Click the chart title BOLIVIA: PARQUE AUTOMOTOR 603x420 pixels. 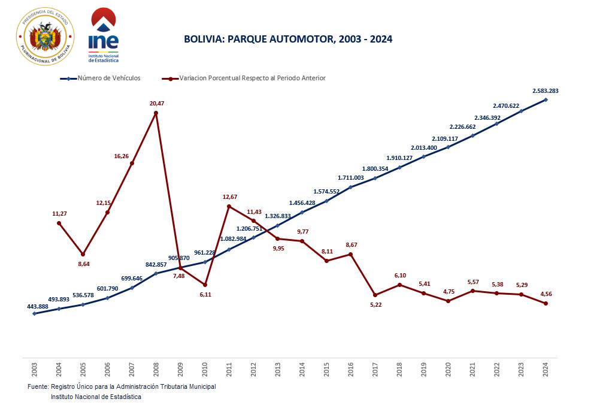point(288,39)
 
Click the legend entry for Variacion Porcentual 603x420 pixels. point(252,78)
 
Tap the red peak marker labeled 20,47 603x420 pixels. point(156,113)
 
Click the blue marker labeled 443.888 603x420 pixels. point(34,313)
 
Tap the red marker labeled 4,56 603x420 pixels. point(546,304)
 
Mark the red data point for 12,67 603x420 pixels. point(229,206)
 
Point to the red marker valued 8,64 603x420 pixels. point(83,254)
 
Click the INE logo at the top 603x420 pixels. point(103,36)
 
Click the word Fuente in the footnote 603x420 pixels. point(38,386)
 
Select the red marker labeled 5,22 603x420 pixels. point(375,295)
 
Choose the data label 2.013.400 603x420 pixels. point(425,147)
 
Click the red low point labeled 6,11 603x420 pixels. point(205,285)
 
